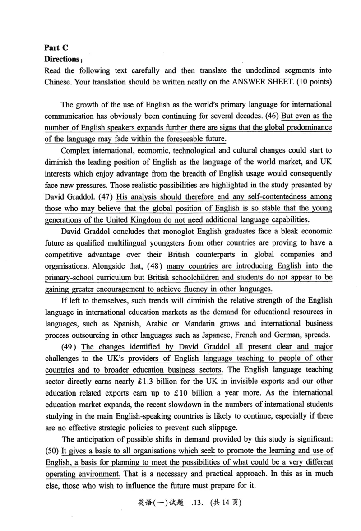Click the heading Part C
coord(56,48)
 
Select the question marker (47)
coord(105,197)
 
